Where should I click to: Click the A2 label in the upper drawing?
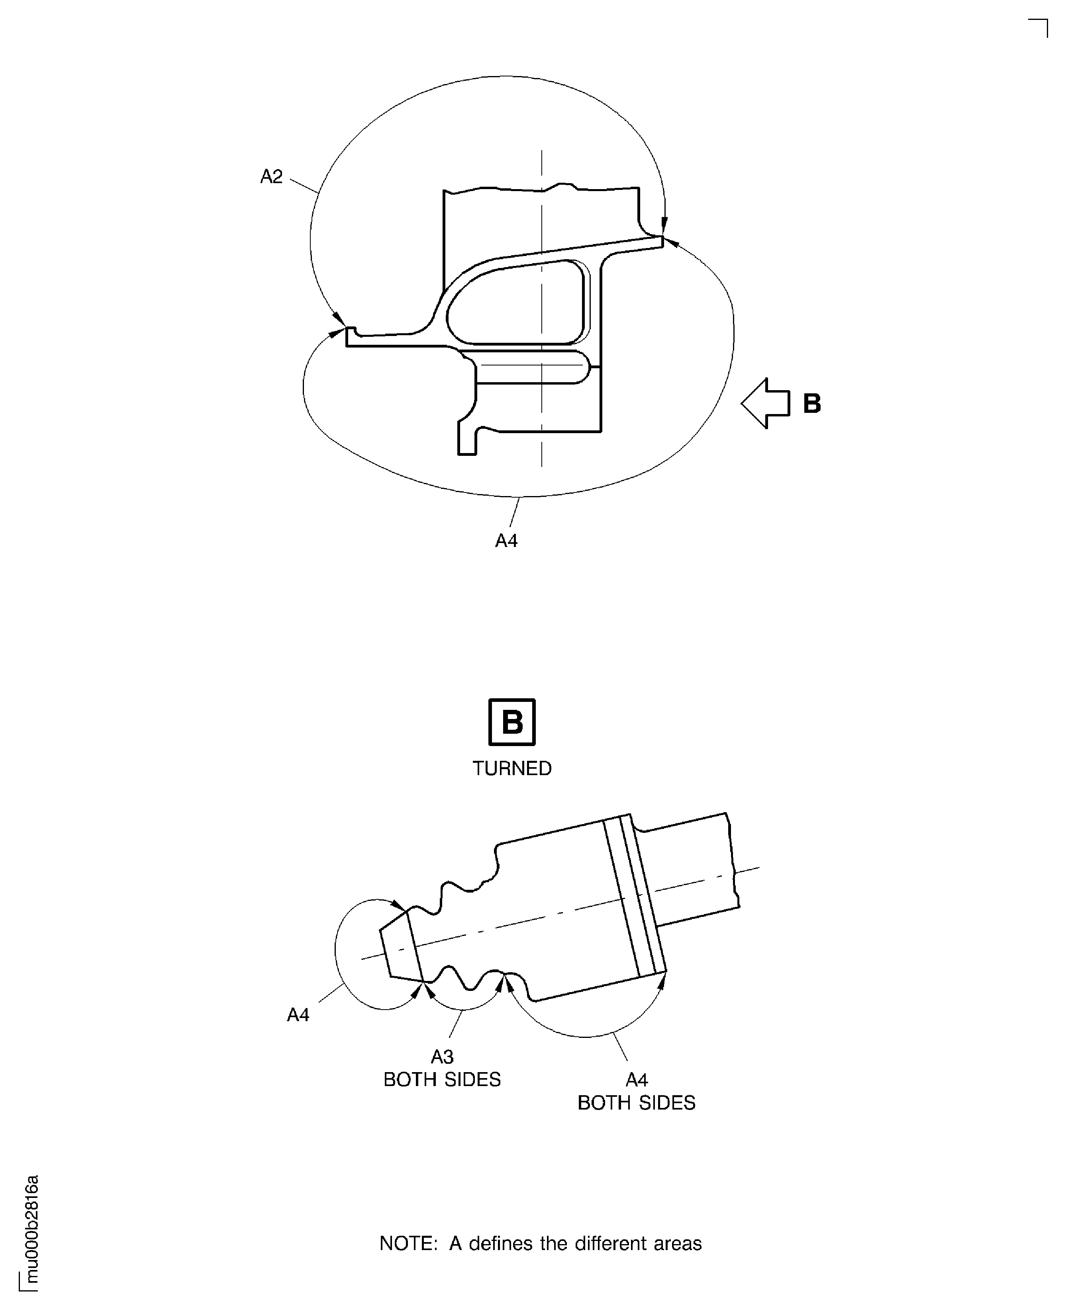(271, 177)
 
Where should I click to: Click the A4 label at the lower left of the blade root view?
(298, 1015)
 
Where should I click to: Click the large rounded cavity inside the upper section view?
(516, 302)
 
